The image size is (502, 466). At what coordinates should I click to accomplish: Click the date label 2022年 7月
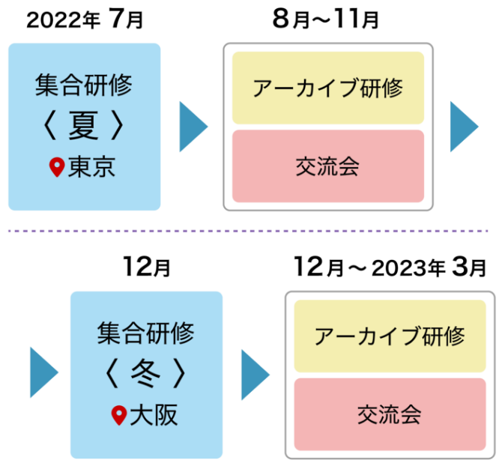coord(84,19)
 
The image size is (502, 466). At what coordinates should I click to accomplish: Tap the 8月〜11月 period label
coord(325,19)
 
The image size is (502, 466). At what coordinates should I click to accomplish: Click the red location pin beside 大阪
coord(118,416)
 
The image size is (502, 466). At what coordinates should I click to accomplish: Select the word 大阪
coord(154,415)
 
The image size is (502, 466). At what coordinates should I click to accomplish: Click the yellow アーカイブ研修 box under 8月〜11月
coord(328,88)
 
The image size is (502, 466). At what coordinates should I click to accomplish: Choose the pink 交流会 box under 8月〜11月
coord(328,166)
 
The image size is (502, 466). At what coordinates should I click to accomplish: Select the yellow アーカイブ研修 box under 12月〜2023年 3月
coord(390,336)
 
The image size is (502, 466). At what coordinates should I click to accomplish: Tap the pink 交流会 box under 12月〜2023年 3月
coord(390,414)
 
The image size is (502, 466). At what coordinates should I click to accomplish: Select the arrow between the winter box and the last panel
coord(255,373)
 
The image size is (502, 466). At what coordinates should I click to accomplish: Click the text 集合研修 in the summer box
coord(84,85)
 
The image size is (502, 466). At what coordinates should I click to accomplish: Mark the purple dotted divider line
coord(251,232)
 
